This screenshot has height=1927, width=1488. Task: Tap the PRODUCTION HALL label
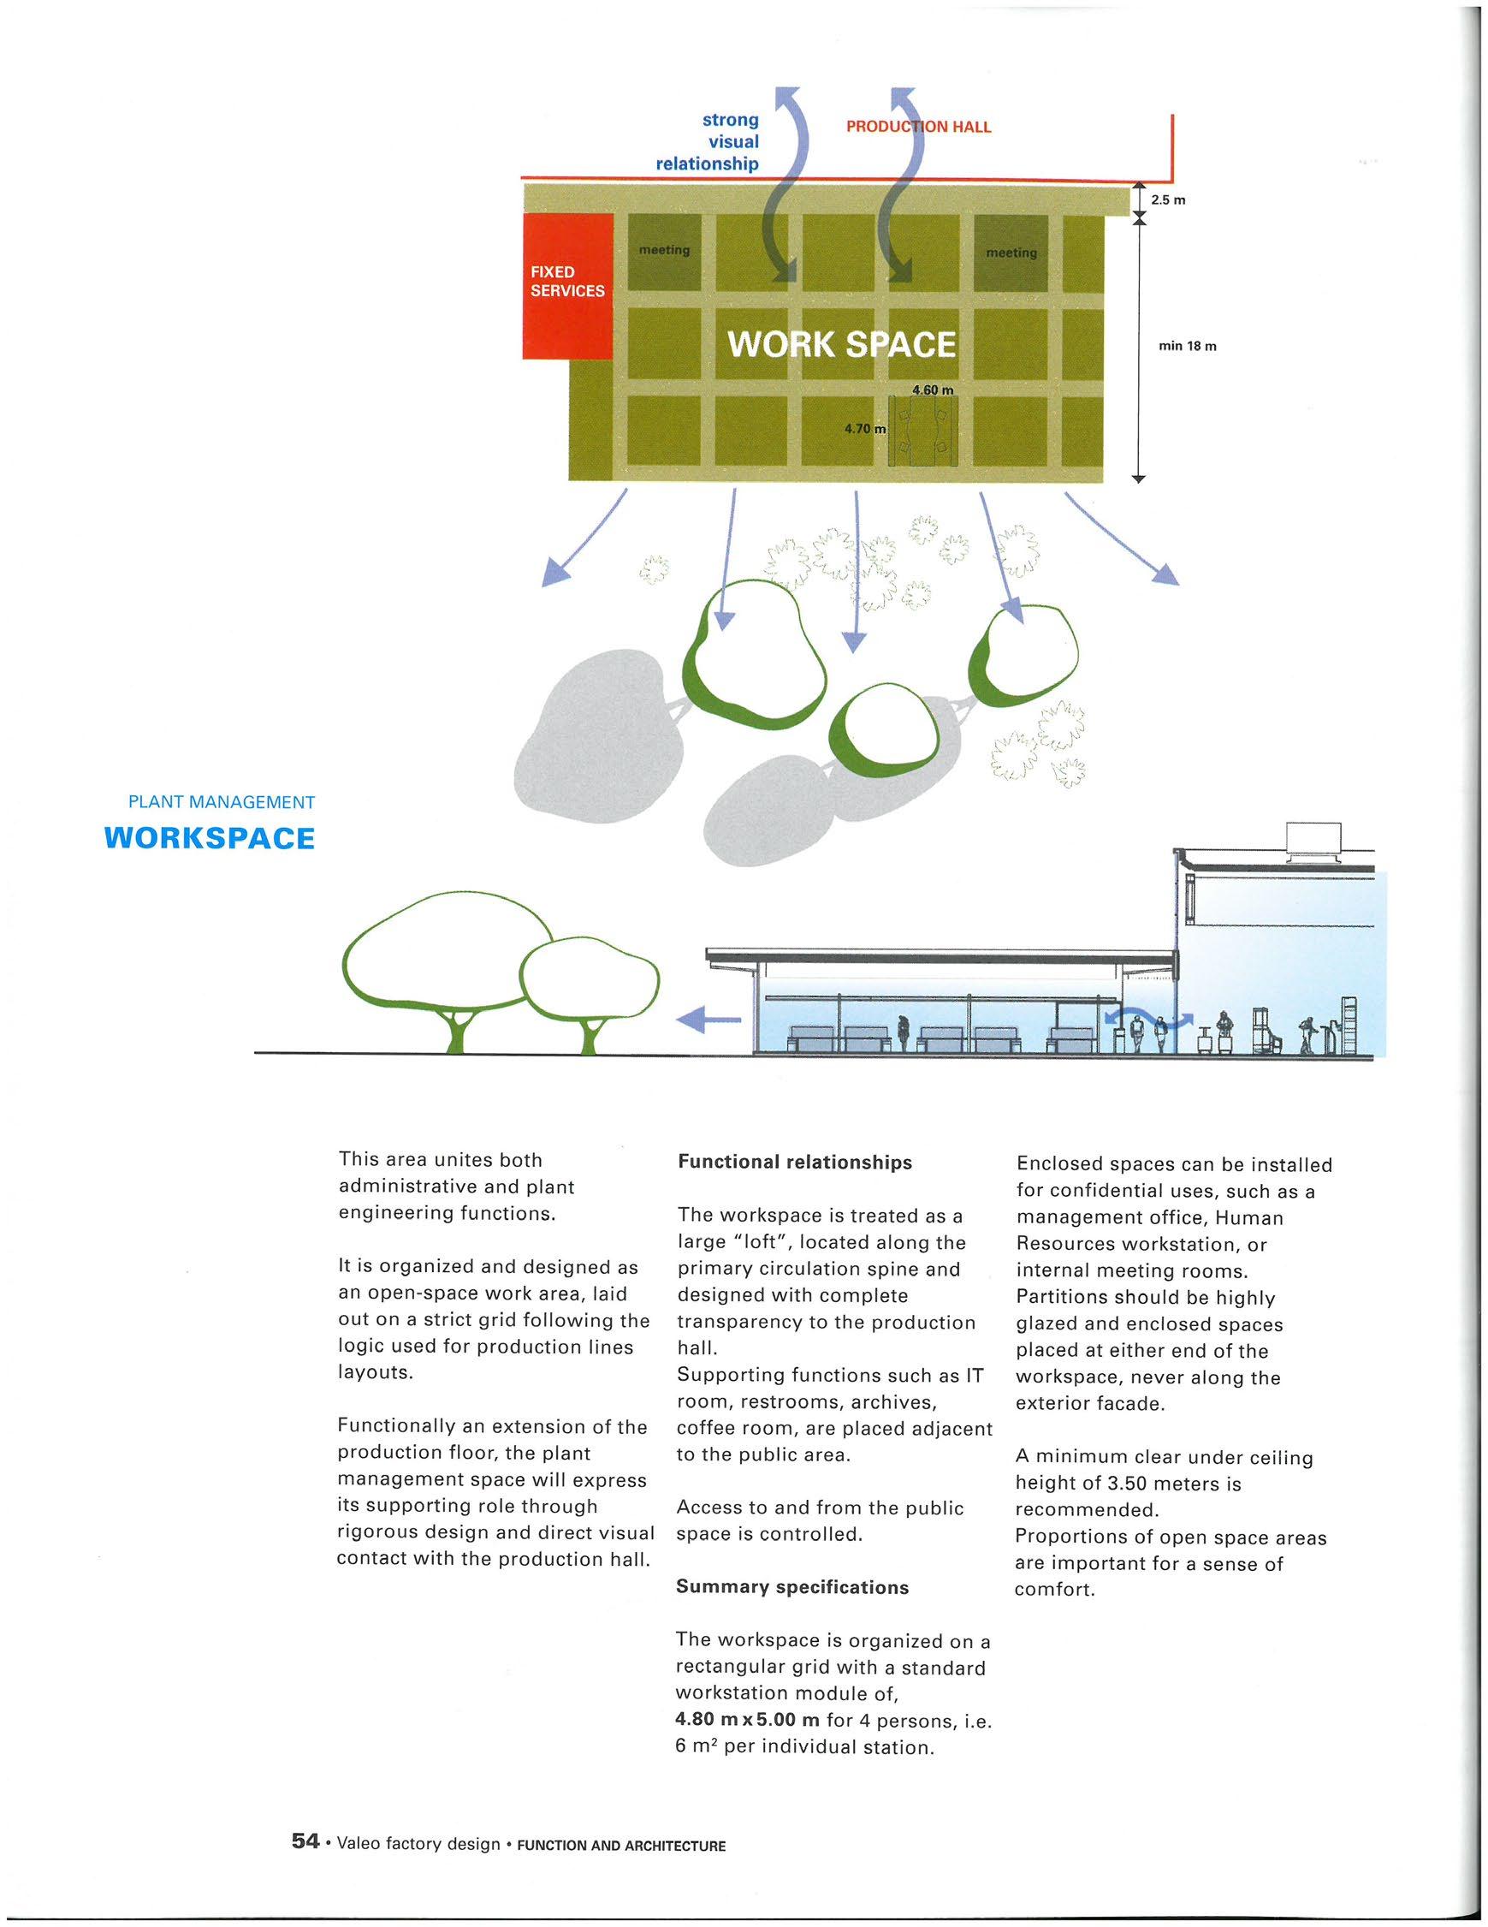(918, 127)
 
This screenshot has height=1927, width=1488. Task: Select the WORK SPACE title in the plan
(840, 344)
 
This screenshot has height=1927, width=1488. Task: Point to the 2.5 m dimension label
(1168, 200)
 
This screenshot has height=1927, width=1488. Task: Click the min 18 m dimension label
(1187, 346)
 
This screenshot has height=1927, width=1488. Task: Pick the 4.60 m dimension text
(933, 390)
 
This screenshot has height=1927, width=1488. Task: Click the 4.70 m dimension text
(864, 429)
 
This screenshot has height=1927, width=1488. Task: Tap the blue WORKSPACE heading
(209, 838)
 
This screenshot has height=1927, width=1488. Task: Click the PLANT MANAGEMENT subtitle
(222, 802)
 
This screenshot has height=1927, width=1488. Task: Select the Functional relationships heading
(794, 1162)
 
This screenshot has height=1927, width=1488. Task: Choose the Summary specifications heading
(792, 1587)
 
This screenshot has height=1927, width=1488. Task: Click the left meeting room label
(664, 251)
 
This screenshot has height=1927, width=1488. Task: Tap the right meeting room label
(1011, 253)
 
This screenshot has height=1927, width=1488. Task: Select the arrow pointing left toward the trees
(707, 1020)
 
